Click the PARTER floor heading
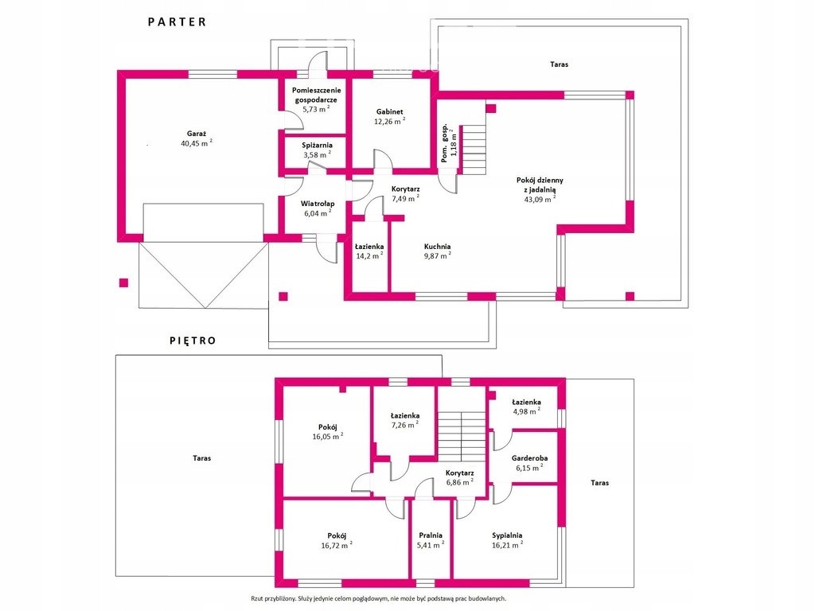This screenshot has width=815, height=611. (x=177, y=21)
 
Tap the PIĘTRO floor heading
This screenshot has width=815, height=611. (x=193, y=341)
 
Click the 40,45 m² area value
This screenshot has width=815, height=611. (x=197, y=143)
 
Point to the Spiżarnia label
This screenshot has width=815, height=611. (x=317, y=146)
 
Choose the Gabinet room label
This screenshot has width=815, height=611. (x=390, y=111)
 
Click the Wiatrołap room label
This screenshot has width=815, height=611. (x=318, y=204)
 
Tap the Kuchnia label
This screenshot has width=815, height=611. (x=437, y=247)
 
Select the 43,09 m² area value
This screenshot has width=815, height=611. (x=540, y=199)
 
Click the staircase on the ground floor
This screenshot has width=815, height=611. (x=474, y=150)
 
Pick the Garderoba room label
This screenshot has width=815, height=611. (x=529, y=458)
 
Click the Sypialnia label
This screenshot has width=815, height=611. (x=507, y=535)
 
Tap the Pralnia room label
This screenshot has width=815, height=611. (x=431, y=535)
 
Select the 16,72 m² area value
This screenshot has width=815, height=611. (x=337, y=545)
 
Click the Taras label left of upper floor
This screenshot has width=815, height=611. (x=201, y=458)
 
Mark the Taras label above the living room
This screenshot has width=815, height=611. (x=560, y=64)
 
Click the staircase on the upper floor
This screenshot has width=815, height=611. (x=462, y=437)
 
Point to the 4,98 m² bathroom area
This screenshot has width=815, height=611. (x=526, y=412)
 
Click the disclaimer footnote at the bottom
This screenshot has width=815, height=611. (x=378, y=598)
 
